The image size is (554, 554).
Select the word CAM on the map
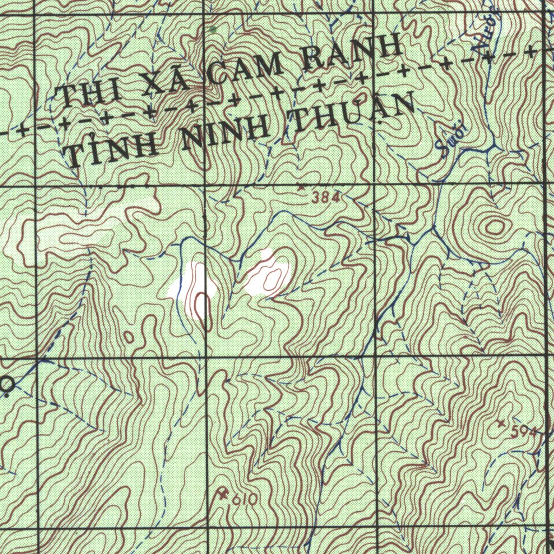pyautogui.click(x=247, y=68)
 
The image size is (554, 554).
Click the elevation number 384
pyautogui.click(x=327, y=199)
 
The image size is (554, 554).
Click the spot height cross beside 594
pyautogui.click(x=501, y=421)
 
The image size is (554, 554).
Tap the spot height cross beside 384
pyautogui.click(x=302, y=186)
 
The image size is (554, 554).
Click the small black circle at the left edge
pyautogui.click(x=7, y=385)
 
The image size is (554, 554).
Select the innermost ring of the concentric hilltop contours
pyautogui.click(x=494, y=227)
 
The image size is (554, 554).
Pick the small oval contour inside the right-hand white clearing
pyautogui.click(x=272, y=279)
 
